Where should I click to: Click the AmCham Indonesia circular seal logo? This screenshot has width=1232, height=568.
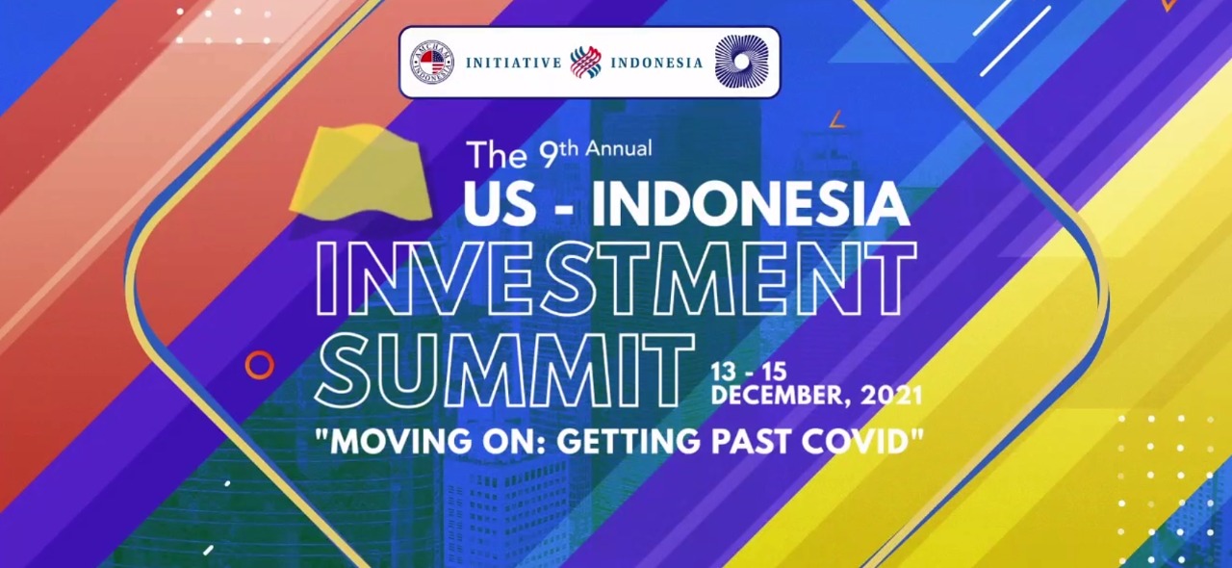[x=432, y=63]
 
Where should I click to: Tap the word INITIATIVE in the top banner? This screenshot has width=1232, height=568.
[x=513, y=63]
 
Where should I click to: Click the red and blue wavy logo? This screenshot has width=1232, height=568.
[x=586, y=62]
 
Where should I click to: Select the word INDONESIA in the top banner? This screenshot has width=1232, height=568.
[x=656, y=63]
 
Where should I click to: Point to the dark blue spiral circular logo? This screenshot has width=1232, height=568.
[x=741, y=61]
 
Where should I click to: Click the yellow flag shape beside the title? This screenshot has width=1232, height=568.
[x=360, y=173]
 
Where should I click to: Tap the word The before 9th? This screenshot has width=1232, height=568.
[x=497, y=155]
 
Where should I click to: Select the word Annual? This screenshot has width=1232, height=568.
[x=619, y=148]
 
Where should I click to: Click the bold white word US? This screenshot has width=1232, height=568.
[x=500, y=204]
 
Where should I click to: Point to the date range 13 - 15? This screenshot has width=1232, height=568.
[x=749, y=373]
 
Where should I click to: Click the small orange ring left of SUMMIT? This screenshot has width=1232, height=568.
[x=260, y=364]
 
